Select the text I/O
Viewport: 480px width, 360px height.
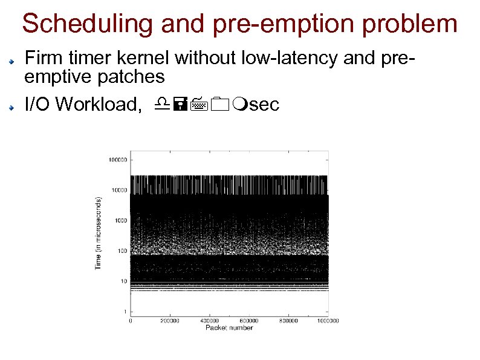37,105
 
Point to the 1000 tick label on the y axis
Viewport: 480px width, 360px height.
120,221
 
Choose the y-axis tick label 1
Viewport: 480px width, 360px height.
125,312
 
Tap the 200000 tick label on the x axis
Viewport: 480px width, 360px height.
170,321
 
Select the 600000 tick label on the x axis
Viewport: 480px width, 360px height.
249,321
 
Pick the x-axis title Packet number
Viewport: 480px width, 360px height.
229,327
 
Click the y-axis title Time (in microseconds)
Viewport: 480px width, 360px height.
99,233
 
